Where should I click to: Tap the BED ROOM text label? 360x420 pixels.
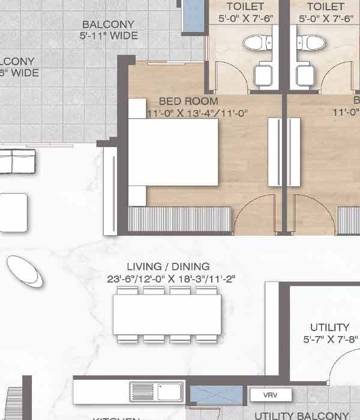tap(188, 101)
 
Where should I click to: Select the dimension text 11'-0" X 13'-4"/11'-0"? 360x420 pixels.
tap(188, 112)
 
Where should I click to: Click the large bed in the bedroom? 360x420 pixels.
tap(173, 152)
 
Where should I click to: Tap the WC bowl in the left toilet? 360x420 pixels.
tap(252, 43)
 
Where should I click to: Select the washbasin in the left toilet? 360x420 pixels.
tap(263, 76)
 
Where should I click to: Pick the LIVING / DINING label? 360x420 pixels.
tap(168, 266)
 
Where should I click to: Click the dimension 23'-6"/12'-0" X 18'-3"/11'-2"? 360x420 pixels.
tap(168, 278)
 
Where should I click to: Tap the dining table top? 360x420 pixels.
tap(167, 314)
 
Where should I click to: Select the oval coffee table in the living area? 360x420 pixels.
tap(25, 271)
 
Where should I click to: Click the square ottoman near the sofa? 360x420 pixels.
tap(14, 212)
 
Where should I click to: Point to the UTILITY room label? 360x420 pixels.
tap(329, 327)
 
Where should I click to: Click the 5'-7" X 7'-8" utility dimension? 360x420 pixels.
tap(329, 338)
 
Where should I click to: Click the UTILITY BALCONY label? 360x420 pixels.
tap(301, 415)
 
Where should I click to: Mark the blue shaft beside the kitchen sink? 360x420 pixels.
tap(216, 395)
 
